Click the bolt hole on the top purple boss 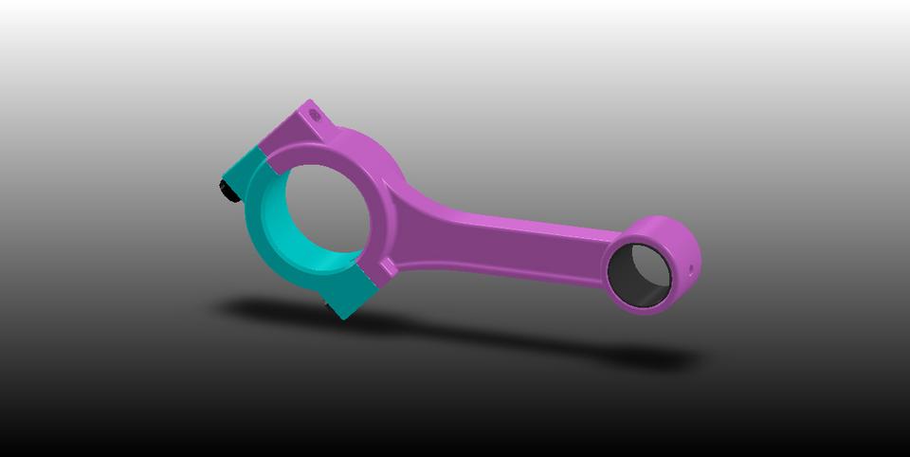pos(316,116)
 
